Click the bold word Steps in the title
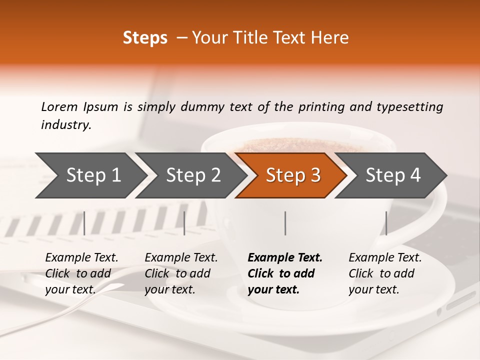click(145, 38)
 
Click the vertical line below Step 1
click(84, 223)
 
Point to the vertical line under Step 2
click(184, 223)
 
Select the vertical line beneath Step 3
click(285, 223)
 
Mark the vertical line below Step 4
click(386, 223)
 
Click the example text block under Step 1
click(81, 273)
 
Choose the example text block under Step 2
click(181, 273)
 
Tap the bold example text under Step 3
click(285, 273)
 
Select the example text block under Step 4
click(385, 273)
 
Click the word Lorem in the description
click(59, 107)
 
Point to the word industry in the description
click(65, 125)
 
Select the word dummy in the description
click(202, 107)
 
